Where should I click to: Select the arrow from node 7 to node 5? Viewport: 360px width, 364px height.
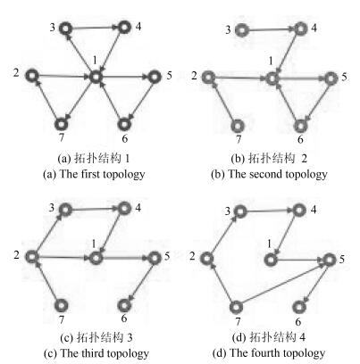(283, 284)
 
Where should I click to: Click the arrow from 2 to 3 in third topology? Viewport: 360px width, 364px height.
(50, 234)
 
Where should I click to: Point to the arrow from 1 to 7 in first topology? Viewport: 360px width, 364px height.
(80, 100)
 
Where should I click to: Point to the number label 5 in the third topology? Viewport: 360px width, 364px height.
(167, 256)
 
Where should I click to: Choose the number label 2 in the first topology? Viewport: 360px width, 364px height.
(16, 72)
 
